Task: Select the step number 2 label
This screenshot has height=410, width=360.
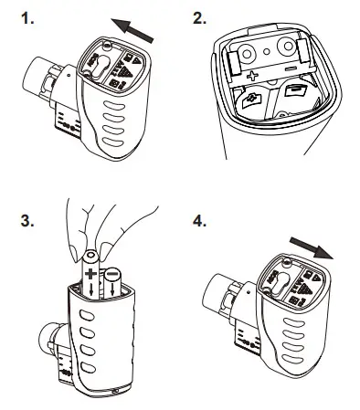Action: click(200, 19)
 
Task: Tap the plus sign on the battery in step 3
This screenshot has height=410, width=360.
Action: click(90, 271)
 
